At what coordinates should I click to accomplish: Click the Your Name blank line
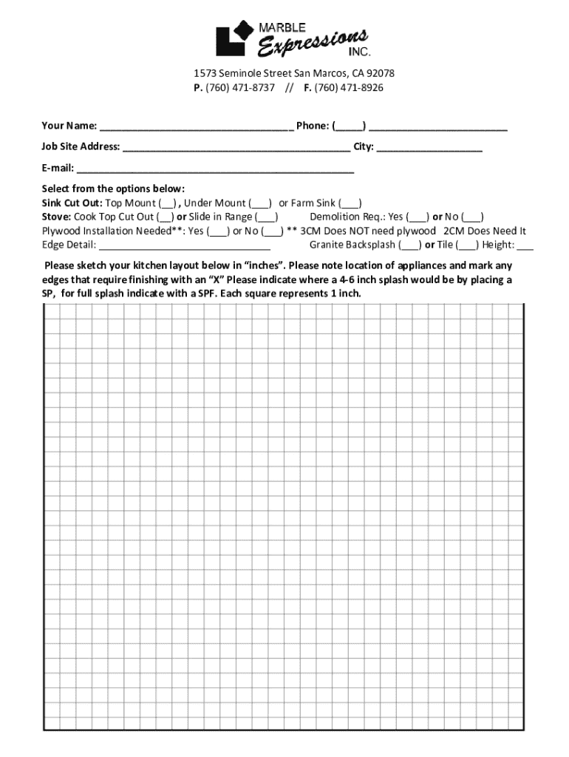click(x=196, y=126)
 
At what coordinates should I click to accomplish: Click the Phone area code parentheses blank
click(x=348, y=126)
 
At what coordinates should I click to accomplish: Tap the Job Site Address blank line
click(x=236, y=147)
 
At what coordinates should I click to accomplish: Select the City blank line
click(x=429, y=147)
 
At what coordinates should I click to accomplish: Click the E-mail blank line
click(x=215, y=169)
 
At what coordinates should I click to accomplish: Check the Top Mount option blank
click(x=167, y=203)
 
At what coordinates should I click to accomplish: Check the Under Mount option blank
click(x=260, y=203)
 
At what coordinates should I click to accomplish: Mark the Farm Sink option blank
click(x=350, y=203)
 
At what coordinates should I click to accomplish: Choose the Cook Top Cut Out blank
click(x=166, y=217)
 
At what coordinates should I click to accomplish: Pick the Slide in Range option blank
click(x=267, y=217)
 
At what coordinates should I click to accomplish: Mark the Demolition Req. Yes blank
click(x=418, y=217)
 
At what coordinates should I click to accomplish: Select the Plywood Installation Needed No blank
click(x=272, y=231)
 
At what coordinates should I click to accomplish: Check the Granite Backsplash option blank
click(x=410, y=245)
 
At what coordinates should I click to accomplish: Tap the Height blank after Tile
click(x=525, y=245)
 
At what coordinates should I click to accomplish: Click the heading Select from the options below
click(x=113, y=189)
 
